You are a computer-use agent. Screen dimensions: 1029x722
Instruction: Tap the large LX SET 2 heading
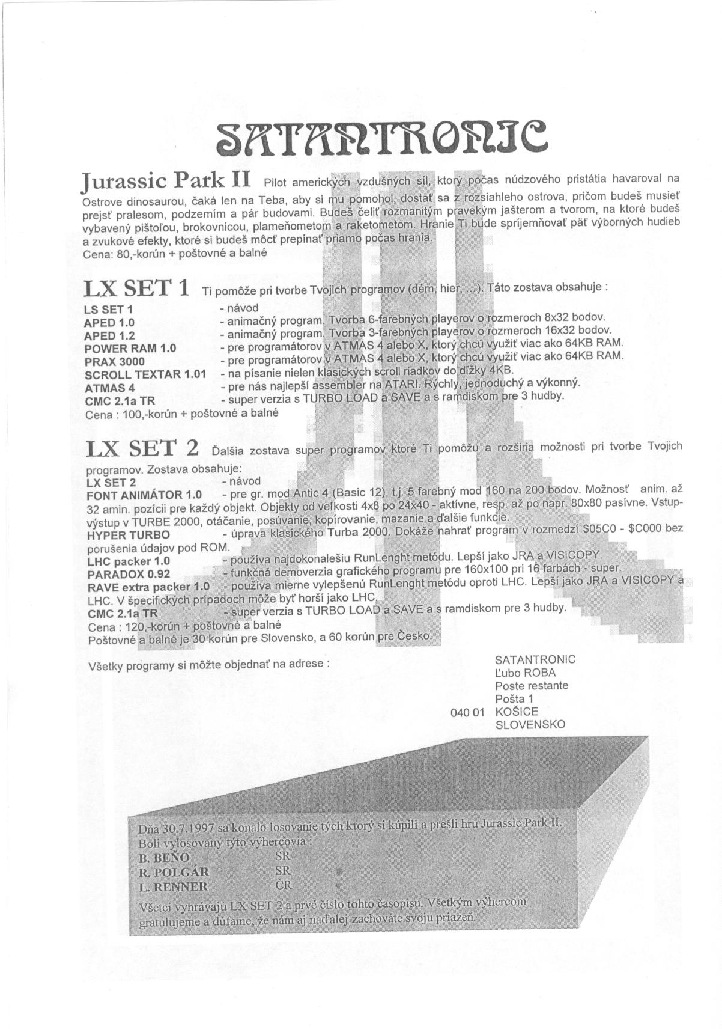(x=142, y=448)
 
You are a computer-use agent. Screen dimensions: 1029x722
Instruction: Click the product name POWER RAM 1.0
(x=130, y=349)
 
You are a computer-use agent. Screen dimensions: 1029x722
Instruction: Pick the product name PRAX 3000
(x=114, y=362)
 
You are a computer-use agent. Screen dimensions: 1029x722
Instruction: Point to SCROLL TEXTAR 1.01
(x=145, y=374)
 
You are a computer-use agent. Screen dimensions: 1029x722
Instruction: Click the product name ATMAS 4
(x=109, y=388)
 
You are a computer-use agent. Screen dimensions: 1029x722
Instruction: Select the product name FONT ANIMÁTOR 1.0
(x=144, y=495)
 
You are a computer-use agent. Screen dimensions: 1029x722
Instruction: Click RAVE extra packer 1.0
(x=148, y=587)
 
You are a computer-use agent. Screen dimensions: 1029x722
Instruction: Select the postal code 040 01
(x=467, y=712)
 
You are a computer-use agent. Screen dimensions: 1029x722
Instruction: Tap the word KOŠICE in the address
(x=517, y=712)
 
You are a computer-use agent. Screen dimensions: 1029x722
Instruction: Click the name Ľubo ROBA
(x=525, y=673)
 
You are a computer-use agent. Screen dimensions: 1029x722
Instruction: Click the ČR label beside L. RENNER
(x=283, y=885)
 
